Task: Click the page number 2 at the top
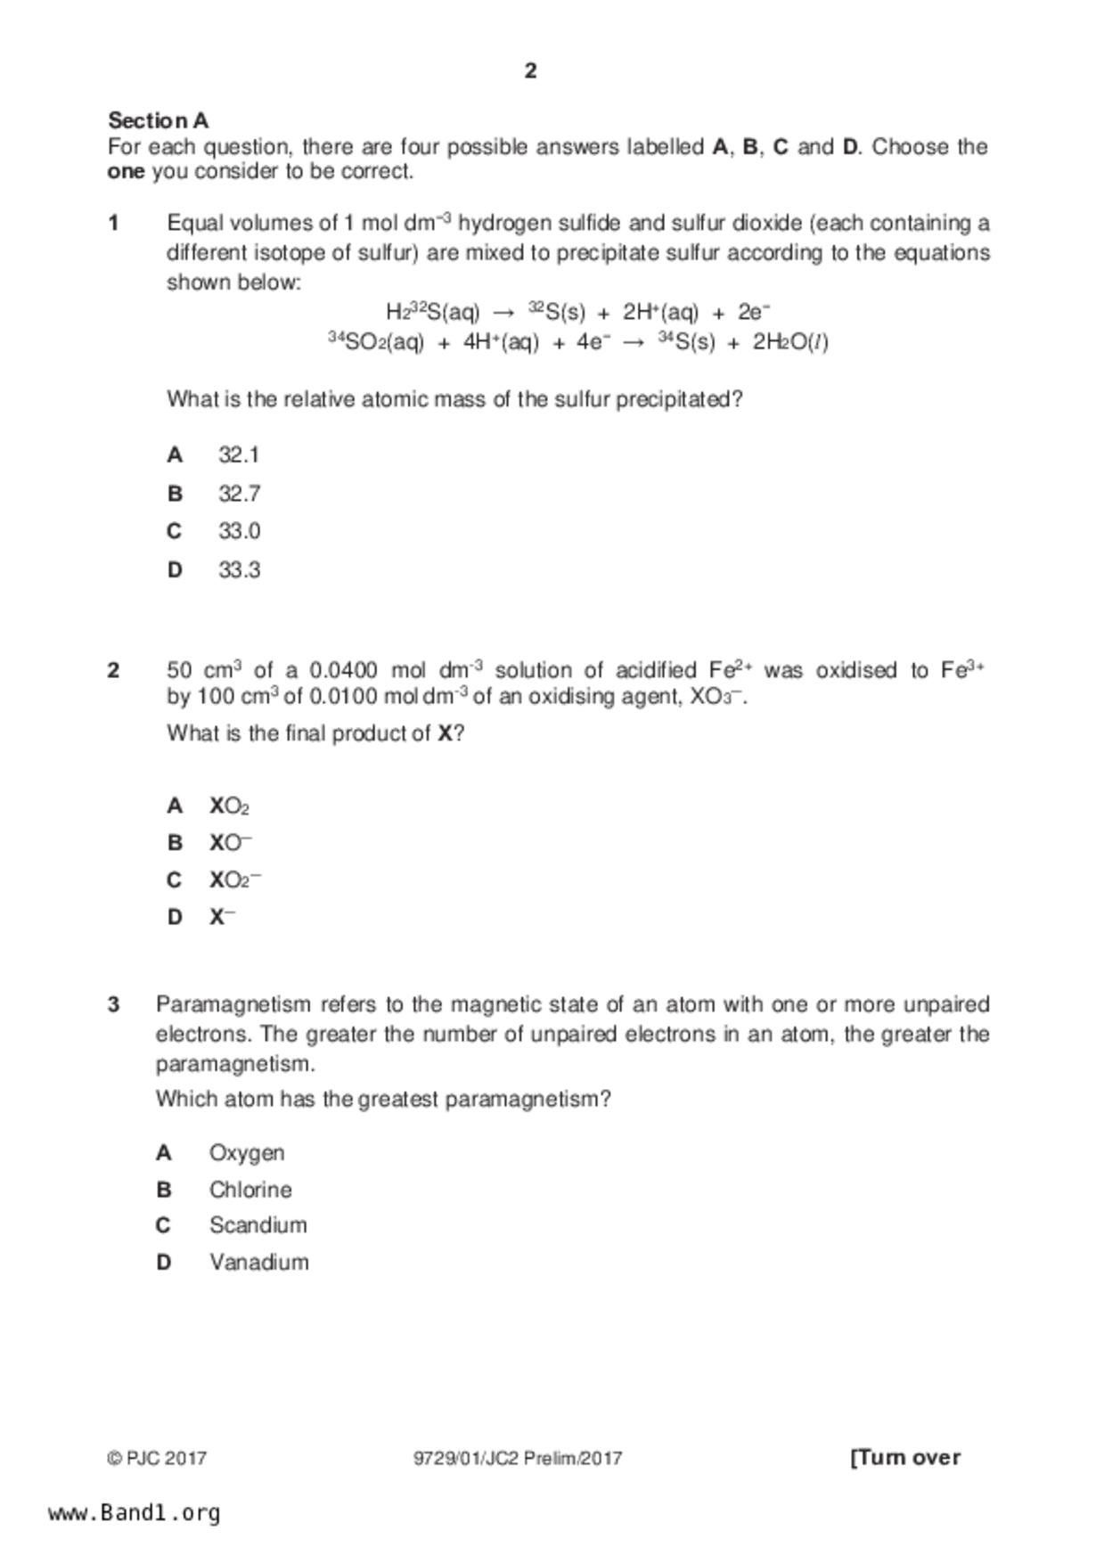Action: click(530, 71)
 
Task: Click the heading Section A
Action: click(158, 120)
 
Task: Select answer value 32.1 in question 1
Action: click(239, 455)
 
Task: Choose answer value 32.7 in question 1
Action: click(239, 494)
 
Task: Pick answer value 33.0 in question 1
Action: click(239, 532)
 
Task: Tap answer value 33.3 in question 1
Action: click(239, 570)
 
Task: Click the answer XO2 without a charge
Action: click(229, 806)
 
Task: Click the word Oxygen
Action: click(247, 1153)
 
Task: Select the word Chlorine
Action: click(250, 1190)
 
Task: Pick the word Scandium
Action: click(258, 1225)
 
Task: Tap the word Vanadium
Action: click(259, 1263)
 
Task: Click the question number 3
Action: click(113, 1005)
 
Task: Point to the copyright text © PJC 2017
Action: click(157, 1459)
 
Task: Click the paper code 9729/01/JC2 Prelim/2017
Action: click(518, 1459)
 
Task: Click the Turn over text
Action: click(905, 1458)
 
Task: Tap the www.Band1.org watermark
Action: click(135, 1513)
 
